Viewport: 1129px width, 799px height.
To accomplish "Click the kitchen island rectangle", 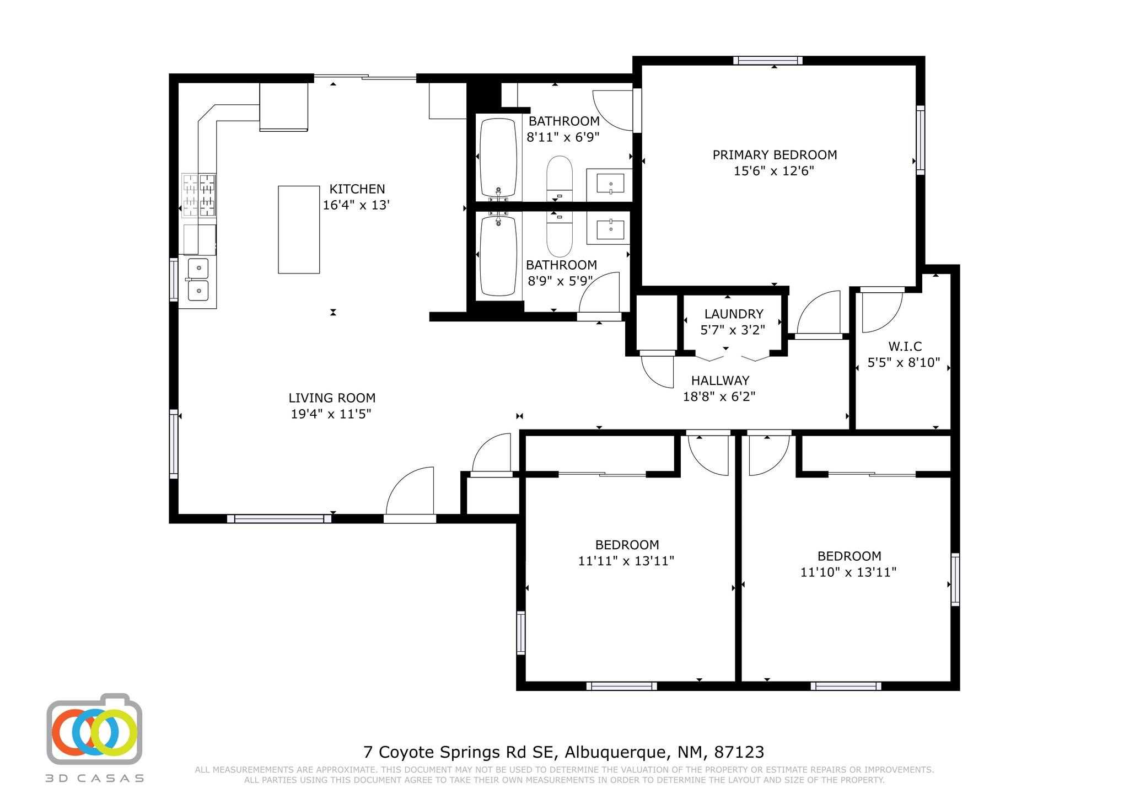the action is pyautogui.click(x=299, y=229).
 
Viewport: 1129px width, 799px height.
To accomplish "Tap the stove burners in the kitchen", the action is pyautogui.click(x=199, y=195).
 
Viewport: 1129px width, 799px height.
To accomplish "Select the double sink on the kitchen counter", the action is pyautogui.click(x=198, y=280).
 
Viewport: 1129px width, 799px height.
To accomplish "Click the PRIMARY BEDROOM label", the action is pyautogui.click(x=775, y=155).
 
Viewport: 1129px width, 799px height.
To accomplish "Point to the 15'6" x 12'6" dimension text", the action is pyautogui.click(x=774, y=171).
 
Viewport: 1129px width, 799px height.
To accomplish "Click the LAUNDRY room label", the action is pyautogui.click(x=734, y=314).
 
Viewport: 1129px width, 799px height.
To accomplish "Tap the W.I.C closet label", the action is pyautogui.click(x=905, y=346).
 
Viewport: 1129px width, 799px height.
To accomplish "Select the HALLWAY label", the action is pyautogui.click(x=720, y=380).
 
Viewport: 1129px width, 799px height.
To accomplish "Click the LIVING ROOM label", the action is pyautogui.click(x=332, y=398).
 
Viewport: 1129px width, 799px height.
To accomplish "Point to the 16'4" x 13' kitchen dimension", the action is pyautogui.click(x=356, y=205).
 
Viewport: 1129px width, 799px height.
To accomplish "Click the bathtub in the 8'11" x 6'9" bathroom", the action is pyautogui.click(x=498, y=158).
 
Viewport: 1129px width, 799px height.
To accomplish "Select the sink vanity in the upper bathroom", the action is pyautogui.click(x=609, y=185).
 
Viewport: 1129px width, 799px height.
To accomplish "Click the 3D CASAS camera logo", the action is pyautogui.click(x=94, y=728).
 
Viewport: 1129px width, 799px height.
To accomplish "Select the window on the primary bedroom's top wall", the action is pyautogui.click(x=767, y=61).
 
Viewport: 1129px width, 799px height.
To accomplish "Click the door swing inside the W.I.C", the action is pyautogui.click(x=882, y=313).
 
